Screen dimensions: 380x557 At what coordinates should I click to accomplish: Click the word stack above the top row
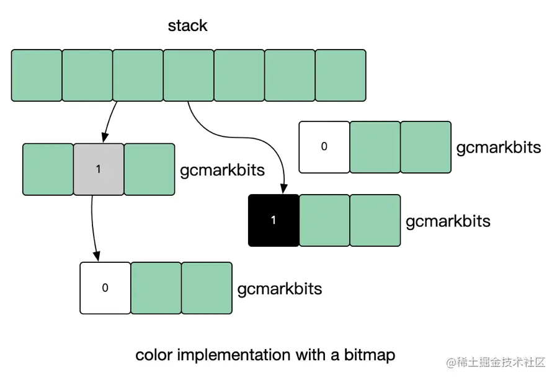[187, 26]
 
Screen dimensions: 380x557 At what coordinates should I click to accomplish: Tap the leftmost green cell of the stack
[37, 75]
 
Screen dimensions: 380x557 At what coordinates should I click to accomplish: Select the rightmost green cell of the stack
[341, 75]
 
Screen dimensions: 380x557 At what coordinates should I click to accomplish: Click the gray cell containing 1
[99, 169]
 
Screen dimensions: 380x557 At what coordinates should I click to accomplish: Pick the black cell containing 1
[274, 221]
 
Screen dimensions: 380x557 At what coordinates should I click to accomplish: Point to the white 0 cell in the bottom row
[105, 288]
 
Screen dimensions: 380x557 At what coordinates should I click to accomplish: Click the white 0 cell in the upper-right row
[324, 147]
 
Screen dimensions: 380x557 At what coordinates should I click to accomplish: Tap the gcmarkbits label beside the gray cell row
[223, 170]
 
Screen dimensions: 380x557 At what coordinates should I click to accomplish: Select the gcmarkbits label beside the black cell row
[448, 221]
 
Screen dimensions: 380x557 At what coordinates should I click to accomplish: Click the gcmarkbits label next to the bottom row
[280, 289]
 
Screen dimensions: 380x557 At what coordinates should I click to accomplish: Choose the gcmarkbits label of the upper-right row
[499, 148]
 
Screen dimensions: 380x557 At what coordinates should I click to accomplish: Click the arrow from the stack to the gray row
[109, 122]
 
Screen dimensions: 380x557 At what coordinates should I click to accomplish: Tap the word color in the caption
[154, 355]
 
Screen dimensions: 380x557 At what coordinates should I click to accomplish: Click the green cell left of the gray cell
[48, 169]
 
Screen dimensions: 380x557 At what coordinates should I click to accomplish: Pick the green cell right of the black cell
[324, 221]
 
